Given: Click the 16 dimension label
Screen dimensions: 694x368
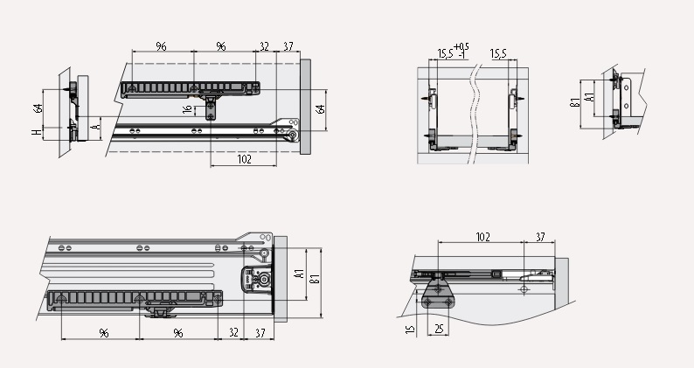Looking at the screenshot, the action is pyautogui.click(x=188, y=109).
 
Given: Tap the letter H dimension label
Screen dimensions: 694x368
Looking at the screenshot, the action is pyautogui.click(x=37, y=132).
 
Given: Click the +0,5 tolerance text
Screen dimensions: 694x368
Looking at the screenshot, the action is pyautogui.click(x=462, y=46).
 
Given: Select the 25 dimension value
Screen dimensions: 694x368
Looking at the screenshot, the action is pyautogui.click(x=439, y=329).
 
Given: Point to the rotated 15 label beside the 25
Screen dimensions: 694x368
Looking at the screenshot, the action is pyautogui.click(x=410, y=330).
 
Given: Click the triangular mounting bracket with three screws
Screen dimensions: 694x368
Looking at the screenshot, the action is pyautogui.click(x=438, y=294).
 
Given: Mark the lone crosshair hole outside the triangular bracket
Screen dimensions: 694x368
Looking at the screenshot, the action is pyautogui.click(x=524, y=290).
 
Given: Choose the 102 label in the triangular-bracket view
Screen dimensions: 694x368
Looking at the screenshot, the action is pyautogui.click(x=482, y=237).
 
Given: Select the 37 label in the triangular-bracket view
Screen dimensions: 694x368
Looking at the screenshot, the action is pyautogui.click(x=540, y=237).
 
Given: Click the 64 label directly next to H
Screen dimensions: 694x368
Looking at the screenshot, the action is pyautogui.click(x=38, y=108).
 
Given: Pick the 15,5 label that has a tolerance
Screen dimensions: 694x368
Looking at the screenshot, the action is pyautogui.click(x=445, y=54).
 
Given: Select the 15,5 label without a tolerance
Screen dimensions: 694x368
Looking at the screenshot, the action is pyautogui.click(x=498, y=54).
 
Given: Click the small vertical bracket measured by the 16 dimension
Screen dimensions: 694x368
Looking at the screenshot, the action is pyautogui.click(x=211, y=108).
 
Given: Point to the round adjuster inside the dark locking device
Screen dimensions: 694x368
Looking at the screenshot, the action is pyautogui.click(x=264, y=280).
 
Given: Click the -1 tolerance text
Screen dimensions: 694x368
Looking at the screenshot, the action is pyautogui.click(x=462, y=55).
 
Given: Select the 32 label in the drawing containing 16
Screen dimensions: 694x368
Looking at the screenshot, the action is pyautogui.click(x=264, y=46).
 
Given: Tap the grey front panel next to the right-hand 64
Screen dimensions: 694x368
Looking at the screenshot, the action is pyautogui.click(x=305, y=107).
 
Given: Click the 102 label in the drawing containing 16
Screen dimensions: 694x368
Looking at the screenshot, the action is pyautogui.click(x=245, y=159).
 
